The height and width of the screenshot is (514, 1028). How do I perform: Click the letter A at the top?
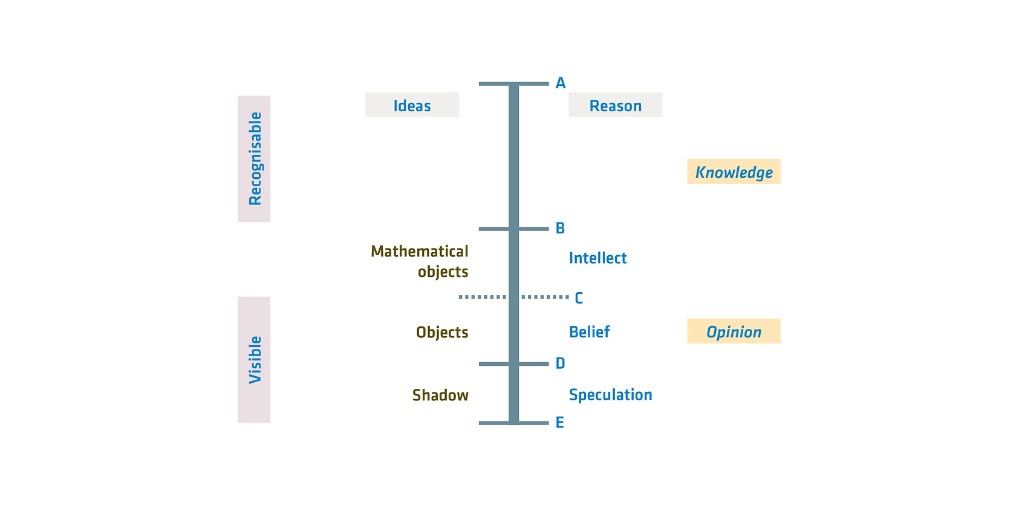[561, 83]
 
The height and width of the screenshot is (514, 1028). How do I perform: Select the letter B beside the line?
[560, 228]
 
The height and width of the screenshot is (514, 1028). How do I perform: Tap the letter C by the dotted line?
[579, 298]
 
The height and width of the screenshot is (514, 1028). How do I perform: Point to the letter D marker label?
[561, 363]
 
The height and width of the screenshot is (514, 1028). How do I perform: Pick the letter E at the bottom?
[559, 422]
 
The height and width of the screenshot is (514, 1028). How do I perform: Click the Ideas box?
[412, 105]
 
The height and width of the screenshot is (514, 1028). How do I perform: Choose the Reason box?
[616, 105]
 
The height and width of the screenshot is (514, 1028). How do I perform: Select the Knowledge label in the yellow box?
[734, 172]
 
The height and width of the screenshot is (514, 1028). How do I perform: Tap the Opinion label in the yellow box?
[734, 331]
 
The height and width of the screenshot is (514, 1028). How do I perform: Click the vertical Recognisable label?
[254, 159]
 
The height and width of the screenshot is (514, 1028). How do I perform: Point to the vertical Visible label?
[254, 360]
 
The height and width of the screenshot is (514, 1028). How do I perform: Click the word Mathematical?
[420, 252]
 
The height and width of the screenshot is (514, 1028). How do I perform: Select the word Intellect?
[597, 258]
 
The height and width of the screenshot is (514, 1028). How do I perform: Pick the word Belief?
[589, 332]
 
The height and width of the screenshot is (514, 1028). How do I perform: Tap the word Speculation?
[610, 395]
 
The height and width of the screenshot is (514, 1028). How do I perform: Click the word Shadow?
[440, 395]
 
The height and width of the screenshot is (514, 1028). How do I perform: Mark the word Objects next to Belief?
[442, 333]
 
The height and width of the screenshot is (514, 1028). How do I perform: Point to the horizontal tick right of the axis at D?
[534, 364]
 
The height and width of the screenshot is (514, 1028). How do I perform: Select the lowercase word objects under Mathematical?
[443, 272]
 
